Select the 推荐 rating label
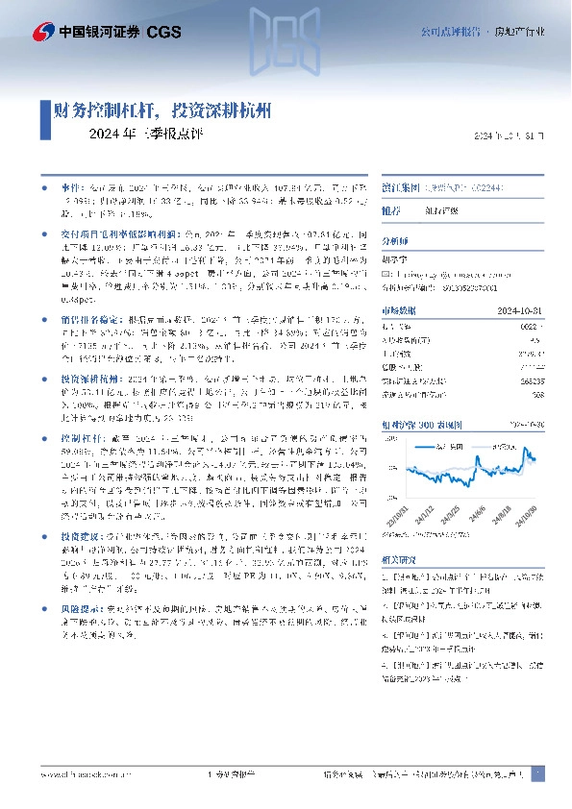pos(391,208)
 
